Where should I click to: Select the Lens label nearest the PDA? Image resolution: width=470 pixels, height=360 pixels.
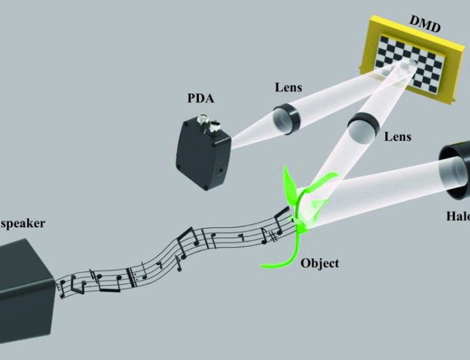point(288,87)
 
